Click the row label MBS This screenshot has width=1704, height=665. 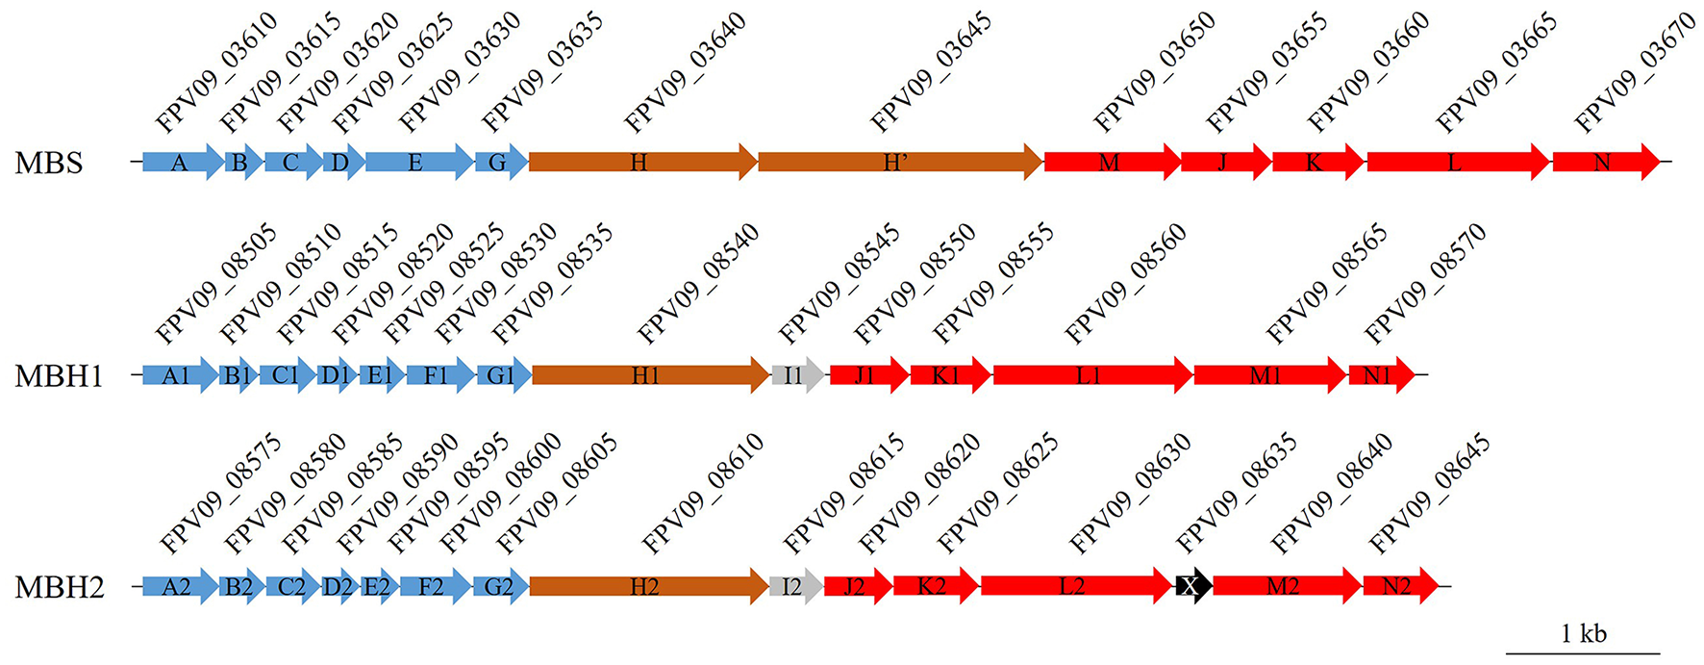pyautogui.click(x=49, y=163)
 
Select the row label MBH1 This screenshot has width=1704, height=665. pyautogui.click(x=59, y=375)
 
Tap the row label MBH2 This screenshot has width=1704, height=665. pyautogui.click(x=59, y=586)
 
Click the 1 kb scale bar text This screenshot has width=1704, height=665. pyautogui.click(x=1583, y=633)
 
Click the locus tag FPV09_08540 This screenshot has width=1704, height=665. pyautogui.click(x=699, y=284)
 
